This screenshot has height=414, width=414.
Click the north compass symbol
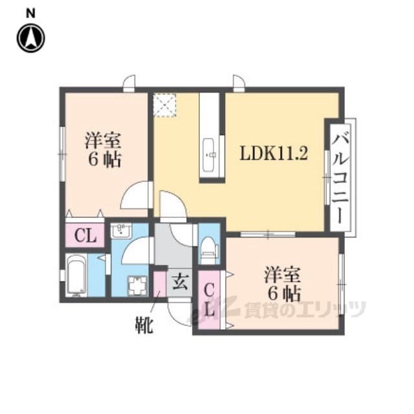click(31, 38)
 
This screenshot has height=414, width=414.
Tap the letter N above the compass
click(30, 14)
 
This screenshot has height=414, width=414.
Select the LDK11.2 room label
click(274, 154)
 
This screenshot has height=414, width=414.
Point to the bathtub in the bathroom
click(76, 275)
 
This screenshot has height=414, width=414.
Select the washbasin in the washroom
click(121, 230)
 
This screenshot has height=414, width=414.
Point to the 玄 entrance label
click(180, 282)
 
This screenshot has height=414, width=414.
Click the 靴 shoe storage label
click(144, 325)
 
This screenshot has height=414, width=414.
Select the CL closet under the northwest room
click(85, 235)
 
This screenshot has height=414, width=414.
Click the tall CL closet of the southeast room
click(209, 300)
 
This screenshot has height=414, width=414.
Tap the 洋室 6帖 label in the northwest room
click(103, 149)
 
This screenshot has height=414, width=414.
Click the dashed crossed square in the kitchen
click(165, 105)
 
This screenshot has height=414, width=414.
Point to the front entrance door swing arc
click(180, 314)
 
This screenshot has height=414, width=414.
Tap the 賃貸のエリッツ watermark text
click(305, 309)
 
